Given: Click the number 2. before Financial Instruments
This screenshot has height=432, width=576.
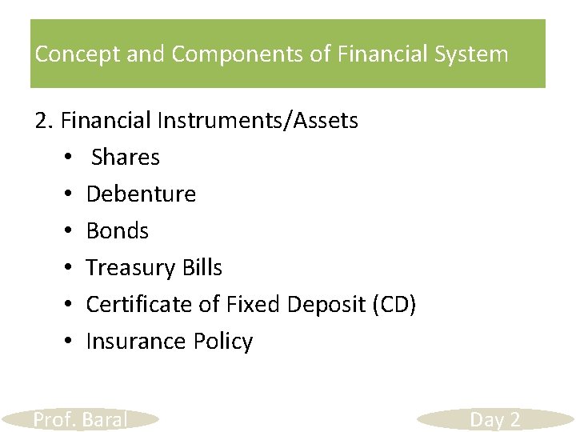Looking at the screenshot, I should [x=44, y=121].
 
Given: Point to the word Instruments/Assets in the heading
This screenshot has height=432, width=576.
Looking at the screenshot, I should [x=258, y=121].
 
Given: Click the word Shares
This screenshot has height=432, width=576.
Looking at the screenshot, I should [x=126, y=158].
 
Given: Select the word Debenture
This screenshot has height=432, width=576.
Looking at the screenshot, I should [x=141, y=194].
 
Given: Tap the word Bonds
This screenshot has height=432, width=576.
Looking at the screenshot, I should [x=118, y=231].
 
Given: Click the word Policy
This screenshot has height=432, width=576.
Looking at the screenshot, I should [x=223, y=342].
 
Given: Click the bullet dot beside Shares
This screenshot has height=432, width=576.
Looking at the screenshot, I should [x=70, y=158].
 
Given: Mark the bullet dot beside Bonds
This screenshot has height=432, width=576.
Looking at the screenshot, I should [x=70, y=232].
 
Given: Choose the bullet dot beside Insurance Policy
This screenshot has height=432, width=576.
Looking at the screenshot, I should [x=70, y=342].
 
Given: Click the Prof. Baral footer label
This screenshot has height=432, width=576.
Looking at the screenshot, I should [x=80, y=419].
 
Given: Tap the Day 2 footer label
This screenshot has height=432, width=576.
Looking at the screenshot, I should [x=494, y=419].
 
